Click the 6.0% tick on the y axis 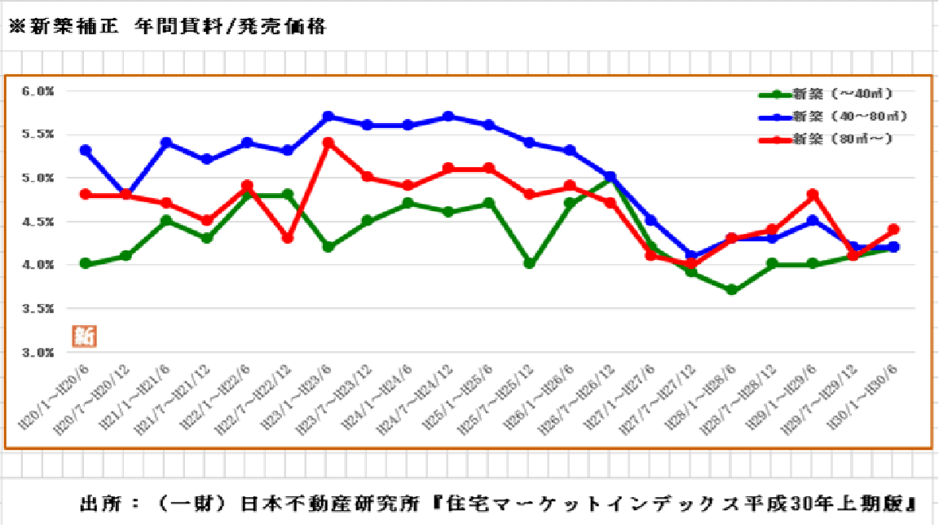(39, 91)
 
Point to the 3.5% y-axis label (39, 309)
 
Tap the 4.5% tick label (39, 222)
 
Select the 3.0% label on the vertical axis (39, 353)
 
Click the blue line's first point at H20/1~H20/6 (86, 151)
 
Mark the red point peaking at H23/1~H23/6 (328, 143)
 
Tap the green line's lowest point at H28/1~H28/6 (731, 290)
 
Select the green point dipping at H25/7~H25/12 (530, 264)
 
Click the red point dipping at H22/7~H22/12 (287, 238)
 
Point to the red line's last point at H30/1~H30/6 (893, 230)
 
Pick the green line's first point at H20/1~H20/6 (86, 264)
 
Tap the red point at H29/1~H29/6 (812, 195)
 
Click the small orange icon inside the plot (84, 336)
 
